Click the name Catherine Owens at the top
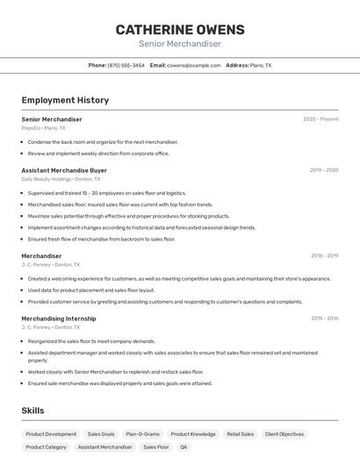coord(180,30)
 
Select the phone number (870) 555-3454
coord(126,66)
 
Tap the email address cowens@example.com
coord(194,66)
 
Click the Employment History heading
coord(65,100)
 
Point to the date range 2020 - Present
coord(320,118)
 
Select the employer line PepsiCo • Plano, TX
coord(43,128)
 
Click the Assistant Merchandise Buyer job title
coord(64,170)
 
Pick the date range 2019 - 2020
coord(324,170)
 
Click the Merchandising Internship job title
coord(59,318)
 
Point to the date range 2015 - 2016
coord(324,318)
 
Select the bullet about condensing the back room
coord(103,141)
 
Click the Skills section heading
coord(32,411)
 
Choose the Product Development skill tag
coord(51,433)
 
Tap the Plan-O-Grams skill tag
coord(142,433)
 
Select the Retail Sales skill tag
coord(240,433)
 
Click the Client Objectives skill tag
coord(284,433)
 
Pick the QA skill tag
coord(184,447)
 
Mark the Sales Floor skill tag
coord(156,447)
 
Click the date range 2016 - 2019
coord(324,256)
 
